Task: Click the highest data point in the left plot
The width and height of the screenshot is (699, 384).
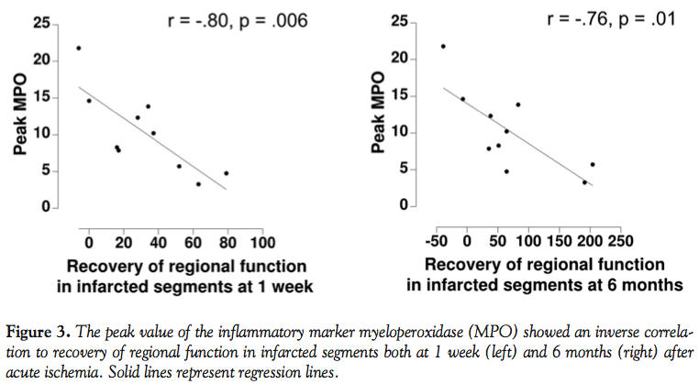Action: (x=79, y=48)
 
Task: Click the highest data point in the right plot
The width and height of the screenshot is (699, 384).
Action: (x=443, y=46)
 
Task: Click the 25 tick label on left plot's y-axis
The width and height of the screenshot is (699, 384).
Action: (x=41, y=22)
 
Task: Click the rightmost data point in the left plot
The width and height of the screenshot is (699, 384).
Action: (x=226, y=173)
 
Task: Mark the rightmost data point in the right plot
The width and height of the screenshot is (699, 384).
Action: (x=593, y=165)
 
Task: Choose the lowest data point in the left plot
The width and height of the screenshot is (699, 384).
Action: (x=198, y=184)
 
